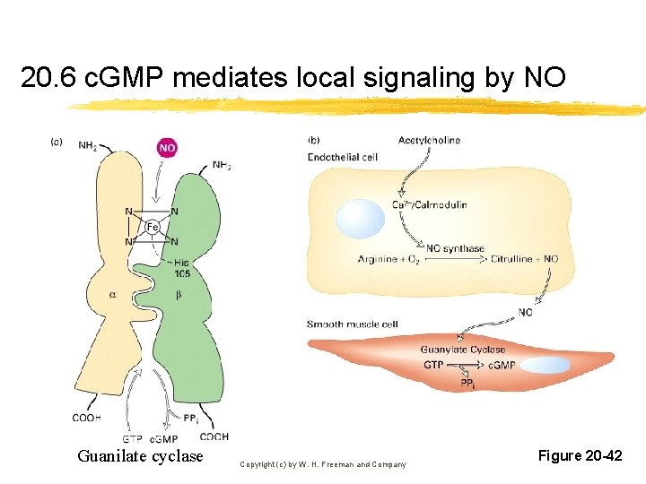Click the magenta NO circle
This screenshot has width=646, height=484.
168,147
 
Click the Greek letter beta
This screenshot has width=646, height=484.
179,295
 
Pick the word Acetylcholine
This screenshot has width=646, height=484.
430,140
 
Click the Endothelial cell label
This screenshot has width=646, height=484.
343,157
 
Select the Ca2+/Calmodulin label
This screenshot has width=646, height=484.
430,205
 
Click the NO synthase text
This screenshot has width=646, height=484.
455,248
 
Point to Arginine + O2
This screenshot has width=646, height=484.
388,260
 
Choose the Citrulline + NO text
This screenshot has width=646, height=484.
524,260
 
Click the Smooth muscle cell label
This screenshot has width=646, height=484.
353,324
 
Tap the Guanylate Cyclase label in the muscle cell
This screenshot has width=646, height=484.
462,350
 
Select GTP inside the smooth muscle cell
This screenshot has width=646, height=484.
433,366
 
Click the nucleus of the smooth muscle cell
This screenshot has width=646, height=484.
546,366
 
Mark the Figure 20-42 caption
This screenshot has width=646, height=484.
580,456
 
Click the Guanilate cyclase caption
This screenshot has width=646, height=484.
141,456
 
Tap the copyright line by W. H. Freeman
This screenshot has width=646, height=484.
323,464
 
